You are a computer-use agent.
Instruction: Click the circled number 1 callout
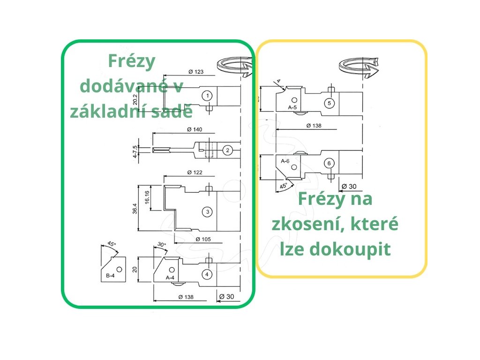click(206, 96)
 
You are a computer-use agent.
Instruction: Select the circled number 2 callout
click(227, 150)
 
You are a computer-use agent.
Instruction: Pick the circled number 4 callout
click(207, 274)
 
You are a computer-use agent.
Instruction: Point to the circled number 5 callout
click(329, 103)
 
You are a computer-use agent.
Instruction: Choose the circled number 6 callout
click(329, 163)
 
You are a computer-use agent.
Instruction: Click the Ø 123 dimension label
click(196, 72)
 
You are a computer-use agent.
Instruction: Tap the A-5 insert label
click(293, 107)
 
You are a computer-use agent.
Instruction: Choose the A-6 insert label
click(285, 161)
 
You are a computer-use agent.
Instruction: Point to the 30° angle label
click(162, 245)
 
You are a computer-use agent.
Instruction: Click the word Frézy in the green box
click(131, 61)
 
